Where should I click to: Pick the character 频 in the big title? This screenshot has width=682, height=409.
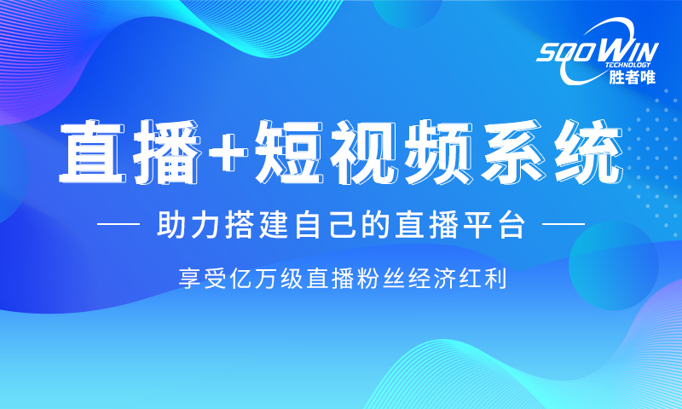click(436, 152)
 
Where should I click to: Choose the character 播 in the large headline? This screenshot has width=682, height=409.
click(167, 152)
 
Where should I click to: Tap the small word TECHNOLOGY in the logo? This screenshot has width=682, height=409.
click(627, 66)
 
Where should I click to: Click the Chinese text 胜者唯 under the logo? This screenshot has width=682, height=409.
click(632, 77)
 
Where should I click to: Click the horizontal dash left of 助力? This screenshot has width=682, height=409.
click(118, 225)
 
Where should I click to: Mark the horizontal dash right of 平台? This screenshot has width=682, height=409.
click(564, 225)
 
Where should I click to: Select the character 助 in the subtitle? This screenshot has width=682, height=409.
click(170, 225)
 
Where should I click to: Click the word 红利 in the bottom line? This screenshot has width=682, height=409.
click(483, 279)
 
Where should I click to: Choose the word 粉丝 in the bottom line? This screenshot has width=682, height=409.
click(380, 279)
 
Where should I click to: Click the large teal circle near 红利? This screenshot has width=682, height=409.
click(613, 265)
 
